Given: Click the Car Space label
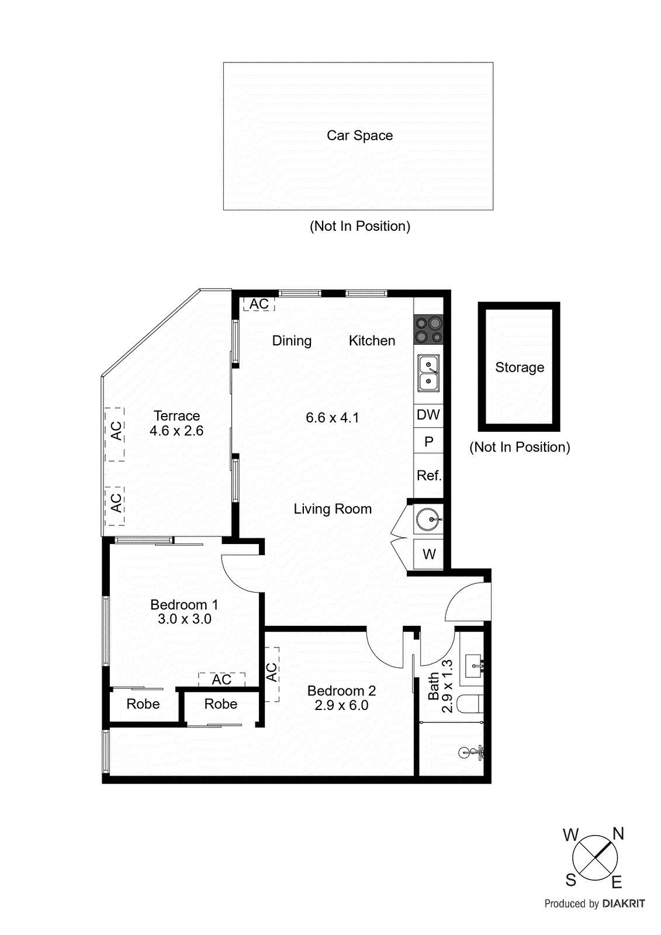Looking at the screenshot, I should pos(359,136).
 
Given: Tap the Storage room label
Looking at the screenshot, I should pos(519,368).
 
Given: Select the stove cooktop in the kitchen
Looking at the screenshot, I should pos(428,330).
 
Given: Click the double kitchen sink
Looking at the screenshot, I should pos(428,373).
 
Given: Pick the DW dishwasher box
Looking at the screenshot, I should pos(428,415).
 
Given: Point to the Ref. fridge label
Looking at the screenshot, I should pos(428,476).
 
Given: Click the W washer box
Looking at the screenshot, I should pos(429,555).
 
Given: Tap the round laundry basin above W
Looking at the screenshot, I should pos(428,518).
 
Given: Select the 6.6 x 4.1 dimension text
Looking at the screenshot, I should pos(332,418).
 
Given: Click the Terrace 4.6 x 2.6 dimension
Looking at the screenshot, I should pos(177,431).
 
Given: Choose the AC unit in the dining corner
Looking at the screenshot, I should pos(259,304).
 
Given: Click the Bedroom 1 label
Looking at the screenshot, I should pos(184,605).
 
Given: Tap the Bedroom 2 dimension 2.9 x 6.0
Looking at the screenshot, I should pos(341,705).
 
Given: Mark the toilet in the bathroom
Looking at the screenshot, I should pos(469,704).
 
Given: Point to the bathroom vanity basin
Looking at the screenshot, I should pos(473,665).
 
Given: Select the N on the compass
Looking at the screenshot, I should pos(618,834).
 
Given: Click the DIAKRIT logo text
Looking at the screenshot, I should pos(623,903).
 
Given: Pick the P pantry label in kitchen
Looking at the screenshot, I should pos(429,442).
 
